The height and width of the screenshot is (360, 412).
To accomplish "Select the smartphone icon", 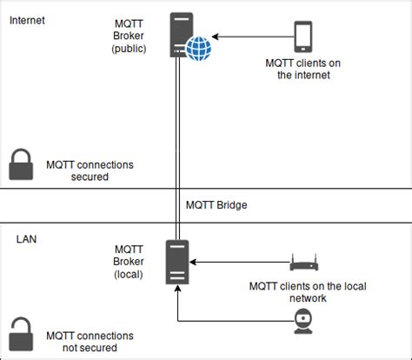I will pos(303,37).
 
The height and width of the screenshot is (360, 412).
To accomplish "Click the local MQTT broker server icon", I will pos(177,262).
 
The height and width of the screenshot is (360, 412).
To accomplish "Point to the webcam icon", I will pos(302,323).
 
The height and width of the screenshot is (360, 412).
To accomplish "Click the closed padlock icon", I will pos(21,163).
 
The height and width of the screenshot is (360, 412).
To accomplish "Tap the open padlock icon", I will pos(21,335).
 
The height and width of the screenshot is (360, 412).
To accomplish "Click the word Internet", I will pos(29,19).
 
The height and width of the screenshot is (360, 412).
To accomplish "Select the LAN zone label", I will pos(26,237).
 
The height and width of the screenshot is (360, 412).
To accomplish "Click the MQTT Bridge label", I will pos(216,206).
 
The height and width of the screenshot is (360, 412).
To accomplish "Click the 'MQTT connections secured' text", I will pos(77,170).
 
